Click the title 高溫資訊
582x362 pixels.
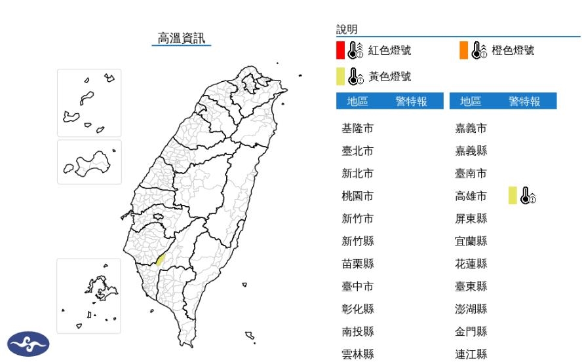[182, 38]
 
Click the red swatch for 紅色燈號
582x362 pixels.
[340, 50]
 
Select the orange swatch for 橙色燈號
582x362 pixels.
[463, 50]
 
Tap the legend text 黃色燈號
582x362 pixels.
[389, 77]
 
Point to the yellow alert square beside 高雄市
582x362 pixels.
[513, 195]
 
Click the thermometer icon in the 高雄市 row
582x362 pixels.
[527, 195]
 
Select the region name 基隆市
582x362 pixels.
[357, 128]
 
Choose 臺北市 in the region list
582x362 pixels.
[357, 151]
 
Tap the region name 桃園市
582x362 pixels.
[357, 196]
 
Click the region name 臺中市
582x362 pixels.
[357, 286]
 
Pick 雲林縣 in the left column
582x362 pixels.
[357, 354]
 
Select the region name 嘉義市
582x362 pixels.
[471, 128]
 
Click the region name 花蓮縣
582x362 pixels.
[471, 264]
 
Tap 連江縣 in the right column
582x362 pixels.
[471, 354]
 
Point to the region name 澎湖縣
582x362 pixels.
[471, 309]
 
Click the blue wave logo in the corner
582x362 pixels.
[28, 344]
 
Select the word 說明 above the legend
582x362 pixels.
[347, 29]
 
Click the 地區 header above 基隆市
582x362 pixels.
[357, 101]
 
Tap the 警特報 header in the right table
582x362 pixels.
[524, 101]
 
